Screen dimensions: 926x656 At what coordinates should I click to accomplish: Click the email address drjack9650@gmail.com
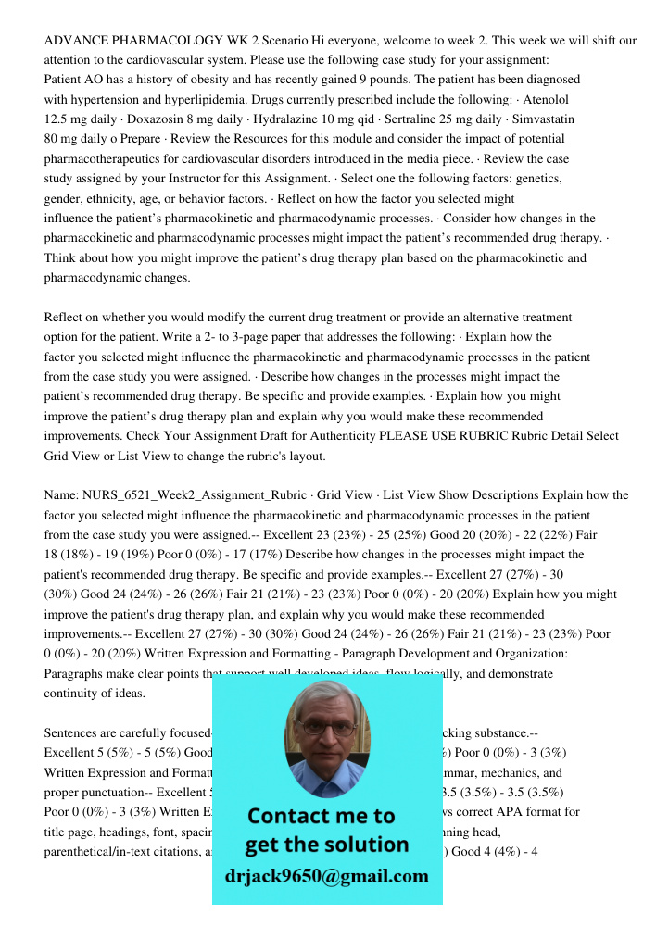327,876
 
